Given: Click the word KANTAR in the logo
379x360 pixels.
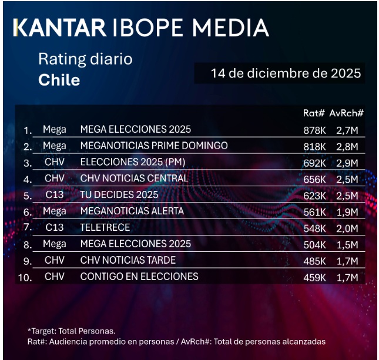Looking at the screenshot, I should [59, 28].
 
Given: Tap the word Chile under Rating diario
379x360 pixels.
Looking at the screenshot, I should [59, 80].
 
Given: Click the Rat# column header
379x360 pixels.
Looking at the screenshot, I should [314, 113].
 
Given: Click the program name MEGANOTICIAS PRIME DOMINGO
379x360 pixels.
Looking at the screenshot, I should [153, 146].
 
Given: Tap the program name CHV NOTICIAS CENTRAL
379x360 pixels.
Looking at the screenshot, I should [134, 178].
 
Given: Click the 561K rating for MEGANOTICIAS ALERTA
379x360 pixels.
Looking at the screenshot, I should [314, 211].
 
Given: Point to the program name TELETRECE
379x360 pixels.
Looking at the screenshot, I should [105, 227].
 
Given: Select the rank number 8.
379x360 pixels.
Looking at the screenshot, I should [28, 244].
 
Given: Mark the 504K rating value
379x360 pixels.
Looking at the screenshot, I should [314, 244].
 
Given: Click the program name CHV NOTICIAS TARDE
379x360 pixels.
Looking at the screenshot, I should [128, 260].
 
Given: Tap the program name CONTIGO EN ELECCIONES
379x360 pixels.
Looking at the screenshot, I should [139, 276].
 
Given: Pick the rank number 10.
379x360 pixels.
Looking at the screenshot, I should [25, 277].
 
